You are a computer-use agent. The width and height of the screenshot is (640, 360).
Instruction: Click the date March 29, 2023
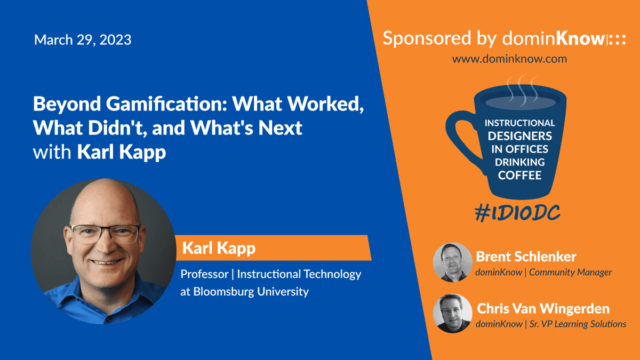pyautogui.click(x=83, y=39)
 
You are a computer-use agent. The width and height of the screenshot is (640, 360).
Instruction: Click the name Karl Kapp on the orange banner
pyautogui.click(x=219, y=248)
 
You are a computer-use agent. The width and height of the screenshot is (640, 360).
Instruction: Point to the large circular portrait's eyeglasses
pyautogui.click(x=105, y=234)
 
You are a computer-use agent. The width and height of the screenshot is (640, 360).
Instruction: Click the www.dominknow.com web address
pyautogui.click(x=509, y=59)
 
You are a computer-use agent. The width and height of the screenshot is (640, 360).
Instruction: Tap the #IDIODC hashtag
pyautogui.click(x=517, y=213)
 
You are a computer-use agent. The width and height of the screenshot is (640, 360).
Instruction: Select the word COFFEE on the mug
pyautogui.click(x=519, y=175)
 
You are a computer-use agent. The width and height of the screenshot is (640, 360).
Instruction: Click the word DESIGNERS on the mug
pyautogui.click(x=519, y=136)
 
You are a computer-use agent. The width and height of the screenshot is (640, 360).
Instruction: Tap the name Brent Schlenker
pyautogui.click(x=526, y=257)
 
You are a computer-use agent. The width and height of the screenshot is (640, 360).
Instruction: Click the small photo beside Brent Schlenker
pyautogui.click(x=452, y=262)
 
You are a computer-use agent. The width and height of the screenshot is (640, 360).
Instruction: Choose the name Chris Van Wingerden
pyautogui.click(x=543, y=309)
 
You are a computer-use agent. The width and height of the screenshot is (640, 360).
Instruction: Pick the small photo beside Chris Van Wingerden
pyautogui.click(x=452, y=314)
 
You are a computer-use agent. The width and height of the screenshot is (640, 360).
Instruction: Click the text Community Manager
pyautogui.click(x=570, y=273)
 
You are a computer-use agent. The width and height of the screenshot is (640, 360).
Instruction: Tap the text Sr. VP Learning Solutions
pyautogui.click(x=578, y=324)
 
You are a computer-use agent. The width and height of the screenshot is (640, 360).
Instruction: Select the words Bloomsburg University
pyautogui.click(x=251, y=292)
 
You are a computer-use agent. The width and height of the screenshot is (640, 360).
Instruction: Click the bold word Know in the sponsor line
pyautogui.click(x=580, y=38)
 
